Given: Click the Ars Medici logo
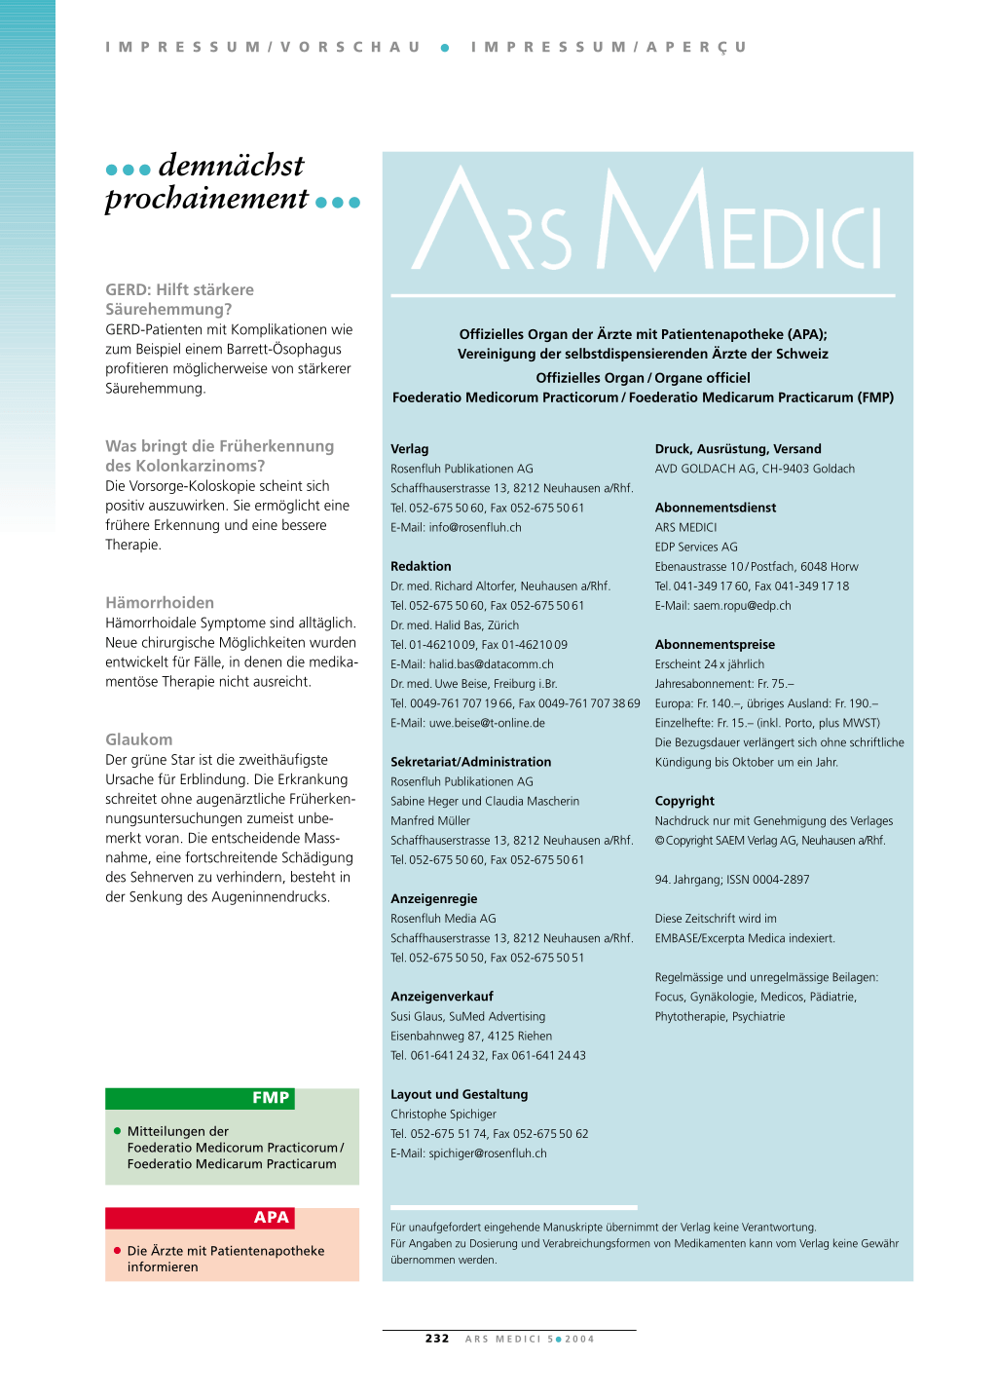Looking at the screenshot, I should pyautogui.click(x=646, y=222).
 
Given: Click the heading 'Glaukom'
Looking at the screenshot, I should pyautogui.click(x=138, y=739).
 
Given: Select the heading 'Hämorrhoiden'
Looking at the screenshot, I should pyautogui.click(x=160, y=603).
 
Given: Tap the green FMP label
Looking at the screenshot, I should pyautogui.click(x=270, y=1098).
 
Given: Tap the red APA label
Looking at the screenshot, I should pyautogui.click(x=271, y=1218).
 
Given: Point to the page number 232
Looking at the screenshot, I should pyautogui.click(x=437, y=1339).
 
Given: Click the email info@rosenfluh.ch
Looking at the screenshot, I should pyautogui.click(x=475, y=527).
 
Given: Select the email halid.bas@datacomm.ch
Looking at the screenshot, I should pyautogui.click(x=491, y=664).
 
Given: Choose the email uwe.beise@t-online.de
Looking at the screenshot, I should pyautogui.click(x=487, y=723).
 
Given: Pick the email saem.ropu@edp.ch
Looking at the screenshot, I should pyautogui.click(x=742, y=606).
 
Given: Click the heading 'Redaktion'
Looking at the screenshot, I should pyautogui.click(x=421, y=566).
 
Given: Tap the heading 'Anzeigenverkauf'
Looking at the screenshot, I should pyautogui.click(x=442, y=997).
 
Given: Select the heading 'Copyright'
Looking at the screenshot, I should pyautogui.click(x=684, y=801).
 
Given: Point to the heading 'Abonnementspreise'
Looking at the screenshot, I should pyautogui.click(x=715, y=645).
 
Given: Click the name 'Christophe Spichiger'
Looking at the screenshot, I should pyautogui.click(x=443, y=1115).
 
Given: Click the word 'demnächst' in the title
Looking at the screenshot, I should pyautogui.click(x=231, y=166).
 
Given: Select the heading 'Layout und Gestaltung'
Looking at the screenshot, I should pyautogui.click(x=459, y=1095).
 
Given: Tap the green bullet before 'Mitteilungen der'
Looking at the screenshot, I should pyautogui.click(x=118, y=1131).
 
